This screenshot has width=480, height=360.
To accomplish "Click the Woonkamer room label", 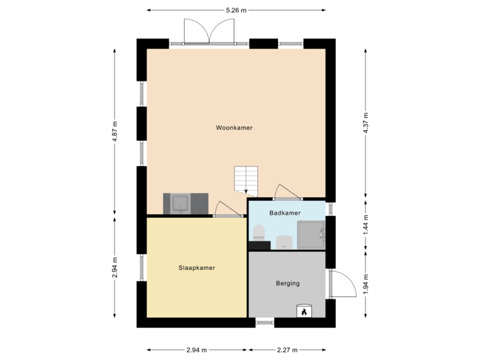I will [x=234, y=127].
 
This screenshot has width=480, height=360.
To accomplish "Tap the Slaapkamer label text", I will [x=197, y=268].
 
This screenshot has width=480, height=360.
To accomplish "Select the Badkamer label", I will [x=285, y=213].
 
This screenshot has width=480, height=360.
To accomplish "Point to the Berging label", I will [x=287, y=283].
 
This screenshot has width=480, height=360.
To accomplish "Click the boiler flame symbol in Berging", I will [x=304, y=311].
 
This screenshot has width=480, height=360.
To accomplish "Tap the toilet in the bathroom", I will [x=259, y=233].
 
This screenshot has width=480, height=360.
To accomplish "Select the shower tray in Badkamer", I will [x=310, y=233].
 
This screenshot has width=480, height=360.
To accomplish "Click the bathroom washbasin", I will [x=283, y=241].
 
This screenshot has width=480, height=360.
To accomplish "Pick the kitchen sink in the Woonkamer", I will [x=180, y=203].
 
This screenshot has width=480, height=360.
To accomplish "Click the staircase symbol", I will [x=245, y=179].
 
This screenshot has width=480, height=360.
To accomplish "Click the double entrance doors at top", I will [x=209, y=31].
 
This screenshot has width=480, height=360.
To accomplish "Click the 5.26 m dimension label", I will [x=237, y=10].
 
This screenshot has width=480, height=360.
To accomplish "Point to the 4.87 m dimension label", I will [x=115, y=131].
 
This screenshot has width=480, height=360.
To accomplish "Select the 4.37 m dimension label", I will [x=365, y=123].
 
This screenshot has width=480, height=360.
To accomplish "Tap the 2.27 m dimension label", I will [x=287, y=349].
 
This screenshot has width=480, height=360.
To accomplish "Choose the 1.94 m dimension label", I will [x=365, y=284].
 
